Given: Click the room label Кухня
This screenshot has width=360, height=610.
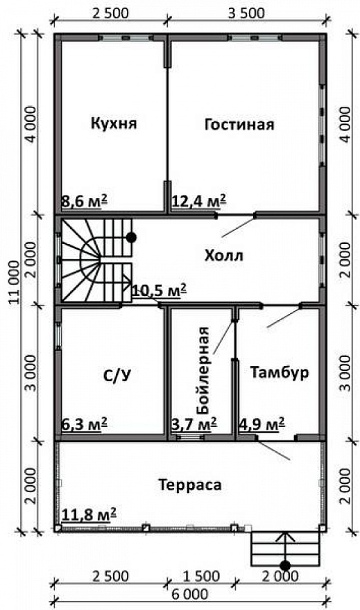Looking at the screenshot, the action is click(x=114, y=123).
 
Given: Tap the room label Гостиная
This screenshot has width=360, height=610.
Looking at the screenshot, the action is click(x=239, y=125).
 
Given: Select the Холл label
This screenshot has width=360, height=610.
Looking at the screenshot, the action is click(x=224, y=256).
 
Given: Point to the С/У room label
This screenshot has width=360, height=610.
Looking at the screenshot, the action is click(x=117, y=375).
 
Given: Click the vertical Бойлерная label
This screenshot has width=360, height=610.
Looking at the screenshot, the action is click(x=203, y=370).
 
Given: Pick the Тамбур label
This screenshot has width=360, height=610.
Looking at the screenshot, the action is click(x=280, y=372).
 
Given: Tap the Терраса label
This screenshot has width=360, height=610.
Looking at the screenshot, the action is click(x=190, y=485).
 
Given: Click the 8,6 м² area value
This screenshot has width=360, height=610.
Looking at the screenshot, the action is click(x=85, y=202).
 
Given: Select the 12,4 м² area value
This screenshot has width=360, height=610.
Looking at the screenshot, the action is click(x=199, y=201).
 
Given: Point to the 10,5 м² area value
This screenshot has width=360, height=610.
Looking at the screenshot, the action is click(x=159, y=290).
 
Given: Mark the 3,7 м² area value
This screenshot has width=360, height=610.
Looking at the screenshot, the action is click(x=195, y=424).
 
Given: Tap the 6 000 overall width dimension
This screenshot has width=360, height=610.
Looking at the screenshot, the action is click(x=190, y=595).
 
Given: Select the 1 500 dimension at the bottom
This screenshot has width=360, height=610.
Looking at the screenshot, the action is click(x=201, y=576).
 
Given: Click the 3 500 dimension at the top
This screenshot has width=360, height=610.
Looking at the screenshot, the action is click(x=246, y=13).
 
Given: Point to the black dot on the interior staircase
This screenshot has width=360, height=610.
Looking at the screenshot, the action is click(x=132, y=237).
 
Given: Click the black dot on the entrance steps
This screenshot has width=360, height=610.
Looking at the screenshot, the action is click(x=285, y=565).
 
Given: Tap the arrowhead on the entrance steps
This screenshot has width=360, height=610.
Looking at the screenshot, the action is click(x=285, y=537).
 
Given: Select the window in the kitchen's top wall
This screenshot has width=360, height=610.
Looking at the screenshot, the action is click(x=126, y=37).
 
